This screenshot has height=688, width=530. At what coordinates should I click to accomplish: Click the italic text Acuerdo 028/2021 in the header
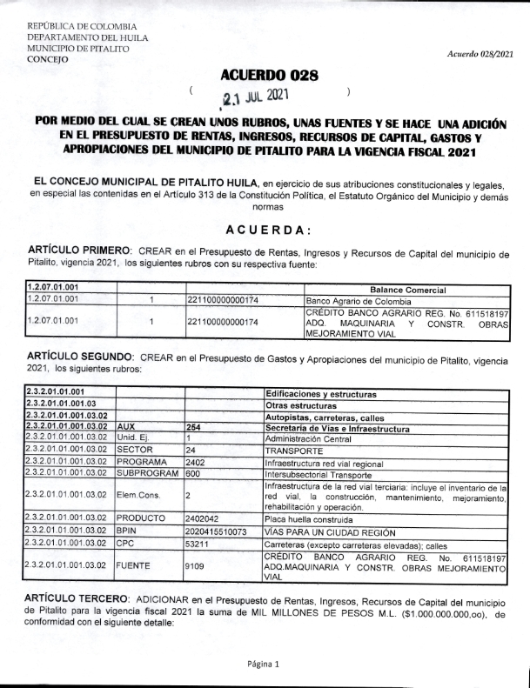pos(481,54)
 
